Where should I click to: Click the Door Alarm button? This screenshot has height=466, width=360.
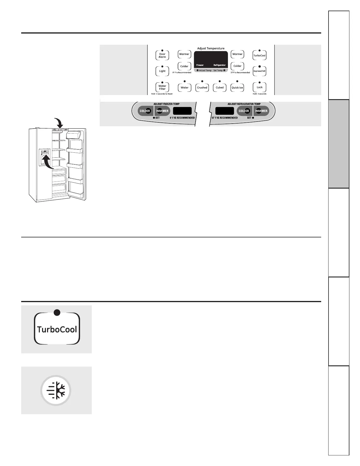coord(162,55)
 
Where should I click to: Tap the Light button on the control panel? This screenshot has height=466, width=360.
coord(162,71)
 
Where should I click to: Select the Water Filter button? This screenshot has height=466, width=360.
coord(162,87)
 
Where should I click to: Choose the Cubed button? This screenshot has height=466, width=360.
coord(220,87)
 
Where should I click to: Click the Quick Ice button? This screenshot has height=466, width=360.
coord(237,87)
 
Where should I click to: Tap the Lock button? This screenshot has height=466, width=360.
coord(259,87)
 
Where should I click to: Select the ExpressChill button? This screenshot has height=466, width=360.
coord(259,71)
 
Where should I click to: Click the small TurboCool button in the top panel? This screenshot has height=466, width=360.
coord(259,55)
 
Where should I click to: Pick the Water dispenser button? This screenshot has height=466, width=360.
coord(184,87)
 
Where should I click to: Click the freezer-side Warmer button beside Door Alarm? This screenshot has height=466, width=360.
coord(184,54)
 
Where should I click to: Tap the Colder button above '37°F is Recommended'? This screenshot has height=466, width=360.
coord(237,66)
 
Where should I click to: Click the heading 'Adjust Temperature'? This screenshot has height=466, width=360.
coord(211,48)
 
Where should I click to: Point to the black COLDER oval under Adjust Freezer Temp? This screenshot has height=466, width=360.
coord(145,111)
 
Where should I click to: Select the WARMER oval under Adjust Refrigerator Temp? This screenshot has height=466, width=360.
coord(261,111)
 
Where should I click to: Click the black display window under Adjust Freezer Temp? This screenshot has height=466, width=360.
coord(182,111)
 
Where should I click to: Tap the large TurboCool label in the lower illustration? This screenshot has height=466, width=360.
coord(57,329)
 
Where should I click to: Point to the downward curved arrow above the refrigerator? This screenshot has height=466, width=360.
coord(59,123)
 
